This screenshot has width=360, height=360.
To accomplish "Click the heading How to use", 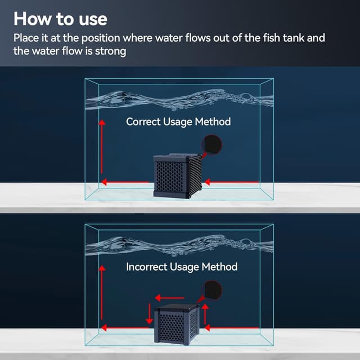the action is coord(60,19).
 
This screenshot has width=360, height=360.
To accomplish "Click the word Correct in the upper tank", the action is coord(143,121).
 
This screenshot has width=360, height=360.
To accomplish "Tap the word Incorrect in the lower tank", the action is coord(147,267).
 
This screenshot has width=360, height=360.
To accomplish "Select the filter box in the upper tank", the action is coord(178,175).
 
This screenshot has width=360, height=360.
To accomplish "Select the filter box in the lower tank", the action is coord(177,324).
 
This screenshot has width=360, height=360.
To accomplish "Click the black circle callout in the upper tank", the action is coord(211,145).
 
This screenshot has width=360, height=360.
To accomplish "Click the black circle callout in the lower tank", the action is coord(211,290).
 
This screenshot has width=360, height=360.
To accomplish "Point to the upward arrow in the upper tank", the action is coord(102,147).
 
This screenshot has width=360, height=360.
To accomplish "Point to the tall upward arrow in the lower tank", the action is coord(102,292).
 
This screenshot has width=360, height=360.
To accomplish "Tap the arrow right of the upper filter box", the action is coord(232,182).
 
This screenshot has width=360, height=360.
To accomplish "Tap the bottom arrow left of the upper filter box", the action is coord(125,182).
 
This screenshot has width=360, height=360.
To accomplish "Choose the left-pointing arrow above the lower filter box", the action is coord(170,298).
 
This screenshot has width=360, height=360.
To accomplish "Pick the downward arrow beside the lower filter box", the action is coord(150,314).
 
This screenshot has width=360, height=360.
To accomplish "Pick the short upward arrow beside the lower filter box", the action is coord(205,314).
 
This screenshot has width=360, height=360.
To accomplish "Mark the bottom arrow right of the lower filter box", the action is coord(232,328).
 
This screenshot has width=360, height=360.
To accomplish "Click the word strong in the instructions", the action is coord(110,51).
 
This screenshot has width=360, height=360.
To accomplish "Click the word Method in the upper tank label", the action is coord(213,121).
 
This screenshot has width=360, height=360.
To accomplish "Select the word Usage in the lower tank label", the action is coord(184,267).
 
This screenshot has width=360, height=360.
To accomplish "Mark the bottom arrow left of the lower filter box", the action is coord(125,328).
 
